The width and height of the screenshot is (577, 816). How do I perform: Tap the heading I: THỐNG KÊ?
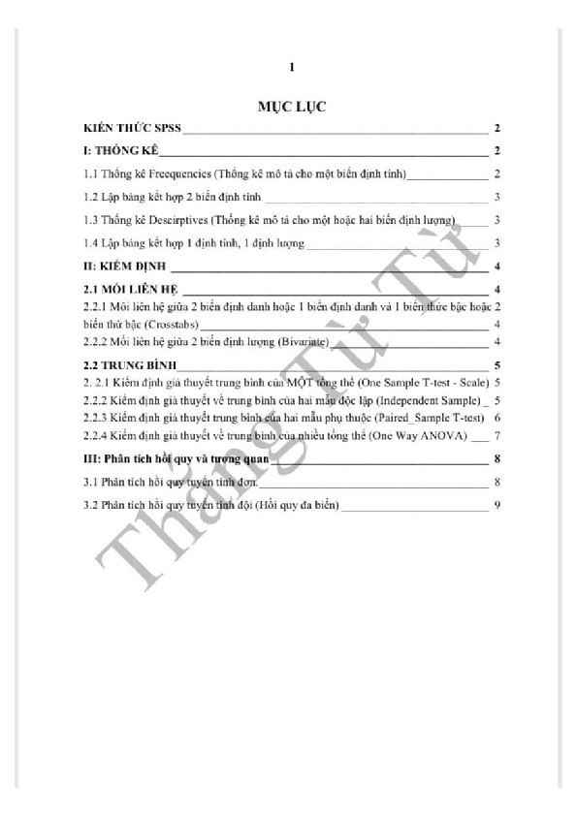(119, 151)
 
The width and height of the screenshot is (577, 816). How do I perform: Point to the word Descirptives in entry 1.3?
(174, 220)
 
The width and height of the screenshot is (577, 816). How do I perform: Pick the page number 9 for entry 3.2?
(497, 504)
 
